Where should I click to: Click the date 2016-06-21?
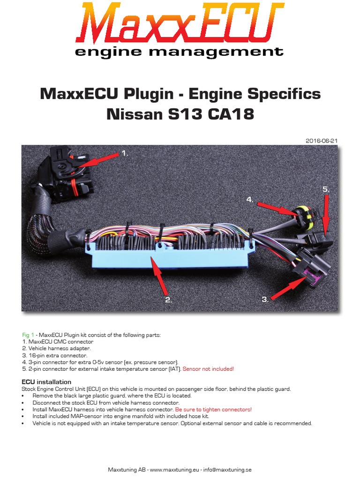(322, 141)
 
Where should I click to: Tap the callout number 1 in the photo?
(125, 153)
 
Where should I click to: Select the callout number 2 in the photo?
(169, 300)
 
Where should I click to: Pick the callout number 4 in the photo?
(250, 199)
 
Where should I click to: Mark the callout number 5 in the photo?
(326, 189)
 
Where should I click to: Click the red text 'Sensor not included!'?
(208, 369)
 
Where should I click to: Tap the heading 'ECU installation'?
(46, 382)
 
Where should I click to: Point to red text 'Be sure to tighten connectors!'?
(213, 409)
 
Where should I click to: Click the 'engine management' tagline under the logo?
(179, 51)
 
